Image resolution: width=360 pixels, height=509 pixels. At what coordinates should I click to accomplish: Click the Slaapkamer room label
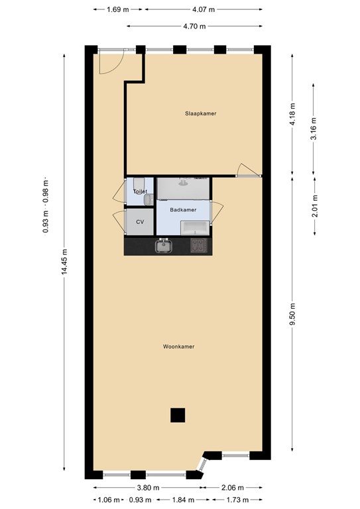pyautogui.click(x=200, y=113)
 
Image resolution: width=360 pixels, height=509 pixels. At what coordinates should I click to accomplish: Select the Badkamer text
pyautogui.click(x=183, y=210)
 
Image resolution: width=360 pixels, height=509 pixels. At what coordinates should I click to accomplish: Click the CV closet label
pyautogui.click(x=140, y=222)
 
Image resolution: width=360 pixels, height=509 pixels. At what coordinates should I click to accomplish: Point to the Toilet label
pyautogui.click(x=139, y=192)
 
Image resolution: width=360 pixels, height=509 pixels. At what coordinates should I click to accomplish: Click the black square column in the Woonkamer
pyautogui.click(x=177, y=415)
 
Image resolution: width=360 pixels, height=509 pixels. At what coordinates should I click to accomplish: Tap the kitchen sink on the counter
pyautogui.click(x=163, y=247)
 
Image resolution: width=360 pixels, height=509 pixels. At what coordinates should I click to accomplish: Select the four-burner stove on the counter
pyautogui.click(x=199, y=247)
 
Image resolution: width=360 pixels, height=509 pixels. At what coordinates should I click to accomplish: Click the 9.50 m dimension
pyautogui.click(x=292, y=312)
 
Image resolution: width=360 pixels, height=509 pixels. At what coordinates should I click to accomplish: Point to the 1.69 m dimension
pyautogui.click(x=118, y=10)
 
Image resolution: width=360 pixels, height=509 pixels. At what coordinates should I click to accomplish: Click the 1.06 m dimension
pyautogui.click(x=109, y=500)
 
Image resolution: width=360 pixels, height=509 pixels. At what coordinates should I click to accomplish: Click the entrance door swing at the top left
pyautogui.click(x=108, y=62)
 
